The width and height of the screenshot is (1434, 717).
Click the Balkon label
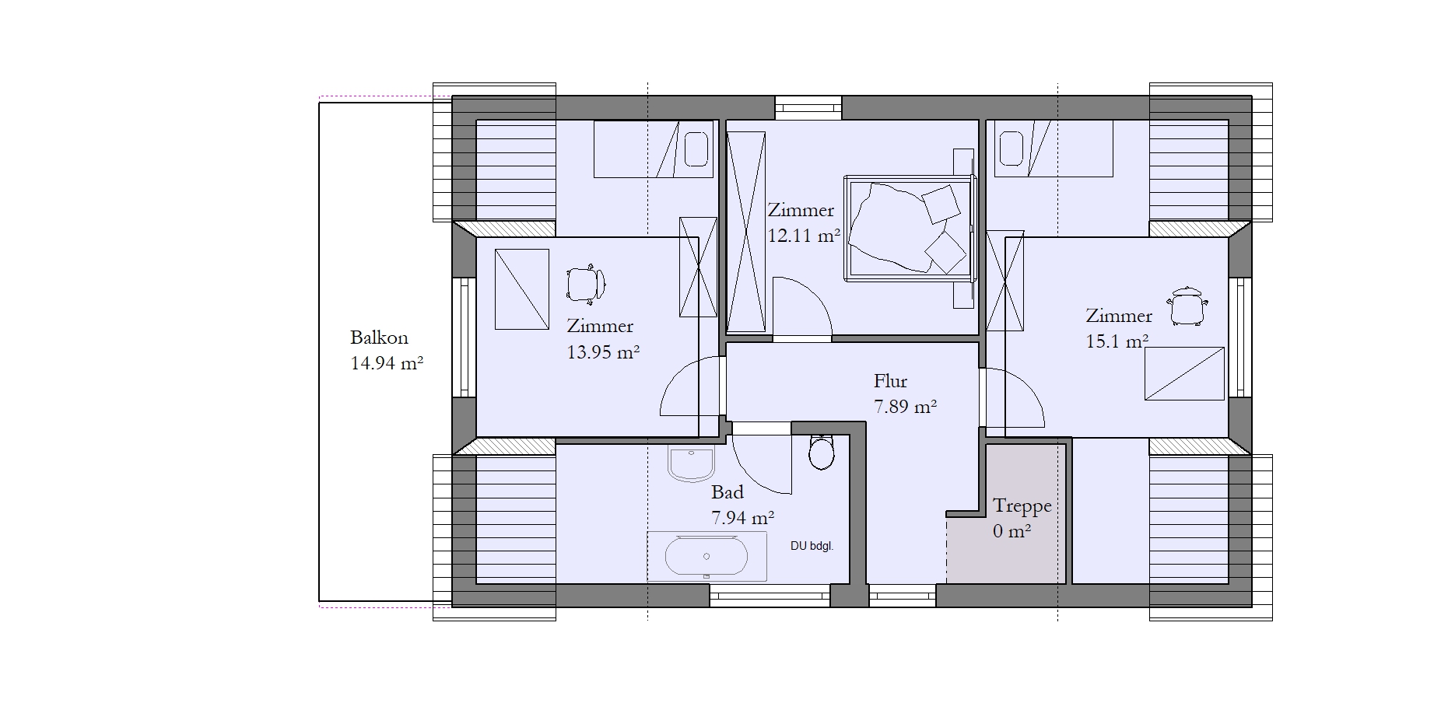pos(379,338)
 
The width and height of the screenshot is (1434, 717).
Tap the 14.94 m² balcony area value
pos(387,363)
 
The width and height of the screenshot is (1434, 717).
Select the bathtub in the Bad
pos(706,557)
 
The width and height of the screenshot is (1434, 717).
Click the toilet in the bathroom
pos(822,452)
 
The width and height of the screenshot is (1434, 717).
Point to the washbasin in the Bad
pos(691,464)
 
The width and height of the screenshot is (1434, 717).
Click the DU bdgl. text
pos(812,546)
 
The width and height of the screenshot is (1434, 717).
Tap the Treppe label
pos(1022,507)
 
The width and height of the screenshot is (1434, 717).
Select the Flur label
pos(890,381)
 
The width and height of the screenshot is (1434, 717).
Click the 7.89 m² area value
pos(905,407)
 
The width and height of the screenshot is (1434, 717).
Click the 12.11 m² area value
pos(804,236)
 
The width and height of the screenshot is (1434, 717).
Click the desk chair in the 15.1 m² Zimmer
pos(1187,306)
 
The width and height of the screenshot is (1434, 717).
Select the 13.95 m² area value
pos(603,352)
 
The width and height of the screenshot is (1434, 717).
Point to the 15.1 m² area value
pos(1117,341)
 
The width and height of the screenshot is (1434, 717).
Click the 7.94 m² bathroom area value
pos(742,518)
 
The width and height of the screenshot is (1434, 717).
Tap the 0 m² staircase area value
pos(1012,532)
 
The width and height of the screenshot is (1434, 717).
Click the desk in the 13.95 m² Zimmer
pos(522,289)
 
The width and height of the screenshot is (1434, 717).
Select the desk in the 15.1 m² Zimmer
pos(1184,373)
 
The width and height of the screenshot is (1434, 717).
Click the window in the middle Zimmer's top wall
pos(808,107)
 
